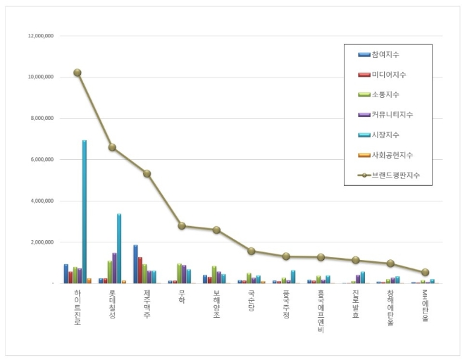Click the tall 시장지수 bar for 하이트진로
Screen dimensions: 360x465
(x=85, y=211)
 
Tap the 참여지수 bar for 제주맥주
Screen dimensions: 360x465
(x=135, y=264)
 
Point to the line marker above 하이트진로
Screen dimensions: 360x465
(x=77, y=73)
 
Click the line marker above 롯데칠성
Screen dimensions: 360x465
(x=112, y=147)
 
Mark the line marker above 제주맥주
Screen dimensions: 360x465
(x=147, y=173)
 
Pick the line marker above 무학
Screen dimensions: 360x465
(x=182, y=226)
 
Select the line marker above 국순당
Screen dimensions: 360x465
(x=252, y=251)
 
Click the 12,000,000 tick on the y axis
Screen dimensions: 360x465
(x=41, y=35)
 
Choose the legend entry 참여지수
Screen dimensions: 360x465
(x=387, y=54)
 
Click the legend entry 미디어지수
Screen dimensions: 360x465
(x=388, y=74)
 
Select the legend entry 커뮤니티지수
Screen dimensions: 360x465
(x=392, y=114)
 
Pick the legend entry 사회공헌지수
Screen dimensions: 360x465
(x=392, y=154)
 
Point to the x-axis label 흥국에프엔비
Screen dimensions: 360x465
(x=321, y=309)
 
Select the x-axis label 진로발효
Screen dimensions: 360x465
(x=356, y=302)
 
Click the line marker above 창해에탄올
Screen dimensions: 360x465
(x=390, y=263)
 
